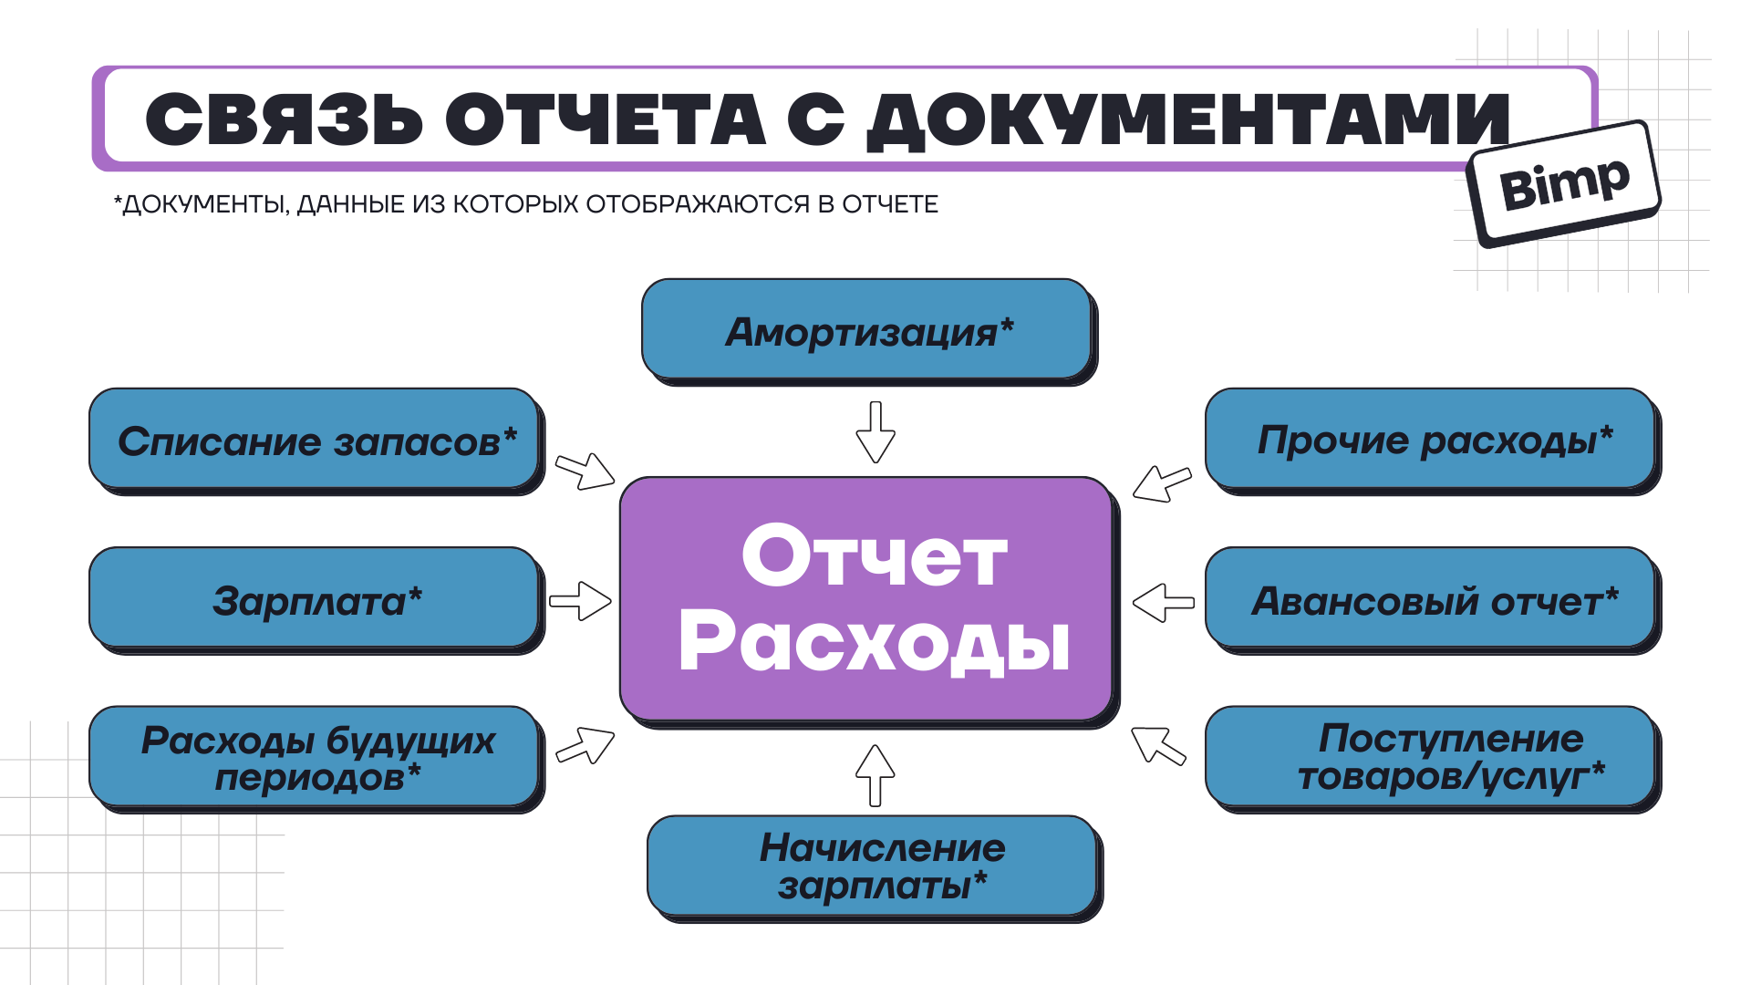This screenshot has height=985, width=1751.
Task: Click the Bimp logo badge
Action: pyautogui.click(x=1564, y=182)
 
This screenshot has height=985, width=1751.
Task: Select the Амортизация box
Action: pyautogui.click(x=867, y=330)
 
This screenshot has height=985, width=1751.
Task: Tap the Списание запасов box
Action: pyautogui.click(x=315, y=440)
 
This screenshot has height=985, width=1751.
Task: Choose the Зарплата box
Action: pyautogui.click(x=315, y=599)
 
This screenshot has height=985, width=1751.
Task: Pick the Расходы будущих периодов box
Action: pyautogui.click(x=315, y=757)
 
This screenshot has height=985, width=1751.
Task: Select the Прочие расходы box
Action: pyautogui.click(x=1431, y=440)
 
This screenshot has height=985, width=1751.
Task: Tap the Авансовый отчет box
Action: pyautogui.click(x=1431, y=599)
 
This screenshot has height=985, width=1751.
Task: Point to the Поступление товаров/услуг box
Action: pyautogui.click(x=1431, y=757)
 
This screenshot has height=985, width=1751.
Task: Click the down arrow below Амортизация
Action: pyautogui.click(x=875, y=432)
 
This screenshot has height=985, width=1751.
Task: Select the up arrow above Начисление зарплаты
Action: pyautogui.click(x=875, y=774)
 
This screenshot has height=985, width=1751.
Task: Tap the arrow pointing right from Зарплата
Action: pyautogui.click(x=581, y=601)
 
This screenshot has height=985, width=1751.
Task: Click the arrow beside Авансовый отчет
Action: pyautogui.click(x=1163, y=602)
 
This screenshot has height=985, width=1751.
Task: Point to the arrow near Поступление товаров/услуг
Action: pyautogui.click(x=1158, y=744)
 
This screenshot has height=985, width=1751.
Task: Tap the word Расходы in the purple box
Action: pyautogui.click(x=874, y=642)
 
